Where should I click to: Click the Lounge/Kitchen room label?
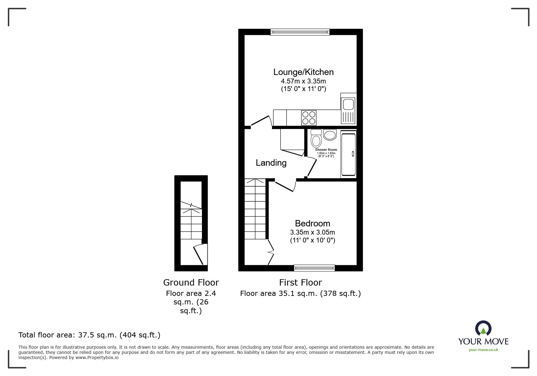coord(303,72)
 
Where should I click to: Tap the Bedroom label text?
coord(312,223)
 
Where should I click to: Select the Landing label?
coord(271,163)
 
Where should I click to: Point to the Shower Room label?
coord(326,150)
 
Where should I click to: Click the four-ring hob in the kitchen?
coord(309,118)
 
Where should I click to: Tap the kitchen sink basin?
coord(348,104)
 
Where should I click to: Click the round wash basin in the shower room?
coord(330,135)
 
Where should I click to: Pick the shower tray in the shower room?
coord(348,154)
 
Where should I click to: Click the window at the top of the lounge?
coord(300,32)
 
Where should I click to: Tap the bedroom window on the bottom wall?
coord(314,268)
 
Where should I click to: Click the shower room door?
coord(312,167)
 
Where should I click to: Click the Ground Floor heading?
coord(191,283)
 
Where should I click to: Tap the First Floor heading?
coord(300,283)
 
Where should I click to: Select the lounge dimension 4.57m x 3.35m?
coord(304,81)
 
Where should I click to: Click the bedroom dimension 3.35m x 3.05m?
coord(313,233)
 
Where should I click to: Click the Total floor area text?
coord(89,335)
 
